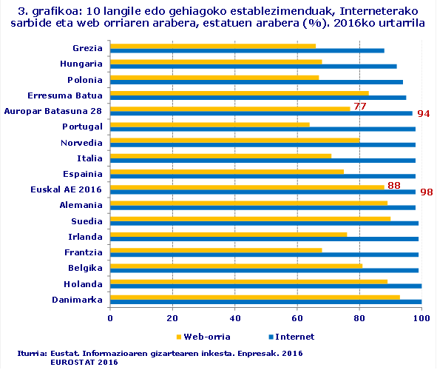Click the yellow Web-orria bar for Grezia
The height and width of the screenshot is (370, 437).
(213, 46)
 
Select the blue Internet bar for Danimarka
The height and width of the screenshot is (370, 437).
(265, 302)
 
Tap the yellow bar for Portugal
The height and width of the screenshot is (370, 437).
(210, 124)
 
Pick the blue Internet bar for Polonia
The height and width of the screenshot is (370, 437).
(256, 82)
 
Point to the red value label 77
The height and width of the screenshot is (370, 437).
(360, 107)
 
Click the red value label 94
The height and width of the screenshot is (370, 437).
(423, 114)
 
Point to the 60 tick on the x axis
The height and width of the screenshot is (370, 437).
(297, 318)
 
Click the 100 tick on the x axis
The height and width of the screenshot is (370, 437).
(421, 318)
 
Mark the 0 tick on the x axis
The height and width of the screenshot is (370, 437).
(110, 318)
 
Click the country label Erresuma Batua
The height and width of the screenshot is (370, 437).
(65, 95)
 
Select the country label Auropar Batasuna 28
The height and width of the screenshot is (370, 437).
(53, 111)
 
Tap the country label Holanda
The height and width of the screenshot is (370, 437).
(81, 283)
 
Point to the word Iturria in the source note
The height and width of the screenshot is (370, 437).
(33, 354)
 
